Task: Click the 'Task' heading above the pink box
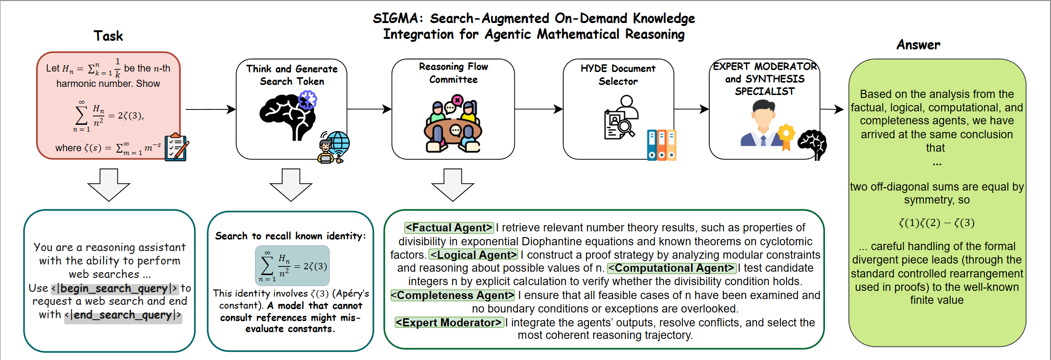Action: coord(108,36)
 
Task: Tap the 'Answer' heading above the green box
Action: coord(918,45)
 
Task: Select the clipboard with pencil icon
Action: coord(176,147)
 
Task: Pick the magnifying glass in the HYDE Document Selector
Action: coord(626,128)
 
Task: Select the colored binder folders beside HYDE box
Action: coord(661,145)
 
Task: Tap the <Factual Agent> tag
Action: coord(449,228)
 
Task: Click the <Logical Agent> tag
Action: coord(474,255)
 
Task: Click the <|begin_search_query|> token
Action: coord(115,288)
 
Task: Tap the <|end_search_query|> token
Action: coord(123,315)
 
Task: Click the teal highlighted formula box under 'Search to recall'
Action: coord(292,265)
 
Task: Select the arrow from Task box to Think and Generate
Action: coord(210,109)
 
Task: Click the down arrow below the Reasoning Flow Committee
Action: coord(453,185)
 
